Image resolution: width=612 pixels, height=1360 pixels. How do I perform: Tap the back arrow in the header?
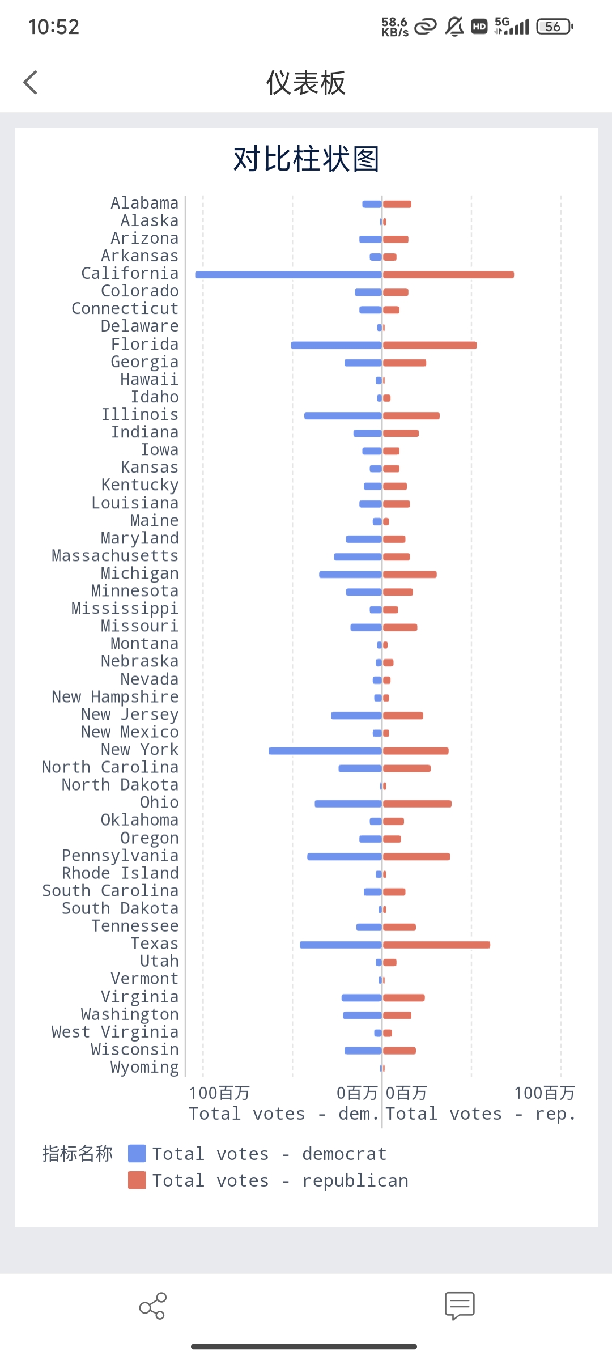click(31, 83)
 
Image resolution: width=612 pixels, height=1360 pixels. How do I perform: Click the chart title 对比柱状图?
click(306, 159)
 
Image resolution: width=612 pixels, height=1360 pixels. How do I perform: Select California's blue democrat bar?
click(288, 275)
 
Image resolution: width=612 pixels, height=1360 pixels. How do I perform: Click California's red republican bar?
click(448, 275)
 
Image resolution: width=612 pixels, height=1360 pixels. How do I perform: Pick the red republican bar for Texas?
click(436, 945)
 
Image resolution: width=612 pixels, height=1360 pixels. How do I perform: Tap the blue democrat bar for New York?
click(325, 751)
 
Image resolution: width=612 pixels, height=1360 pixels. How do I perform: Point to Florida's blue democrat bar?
click(336, 345)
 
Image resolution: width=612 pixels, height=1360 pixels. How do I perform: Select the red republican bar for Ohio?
click(417, 804)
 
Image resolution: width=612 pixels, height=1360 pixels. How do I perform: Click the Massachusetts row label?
click(115, 556)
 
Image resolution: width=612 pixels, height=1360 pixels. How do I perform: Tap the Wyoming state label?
click(144, 1068)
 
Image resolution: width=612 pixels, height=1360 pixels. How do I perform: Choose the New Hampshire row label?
click(115, 697)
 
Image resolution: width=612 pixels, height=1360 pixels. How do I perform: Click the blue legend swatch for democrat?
click(137, 1154)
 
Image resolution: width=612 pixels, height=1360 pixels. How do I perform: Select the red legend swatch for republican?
click(137, 1180)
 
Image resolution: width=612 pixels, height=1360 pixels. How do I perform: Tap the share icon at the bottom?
click(152, 1306)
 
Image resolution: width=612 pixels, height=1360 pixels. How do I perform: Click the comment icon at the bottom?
click(460, 1306)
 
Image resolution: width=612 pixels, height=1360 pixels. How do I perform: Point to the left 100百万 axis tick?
click(219, 1093)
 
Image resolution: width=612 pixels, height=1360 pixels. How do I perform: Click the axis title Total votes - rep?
click(481, 1114)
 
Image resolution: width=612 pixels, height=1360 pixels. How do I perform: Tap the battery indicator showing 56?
click(555, 27)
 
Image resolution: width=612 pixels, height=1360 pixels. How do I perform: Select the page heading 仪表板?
click(306, 83)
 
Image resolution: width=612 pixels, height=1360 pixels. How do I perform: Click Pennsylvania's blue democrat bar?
click(344, 856)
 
